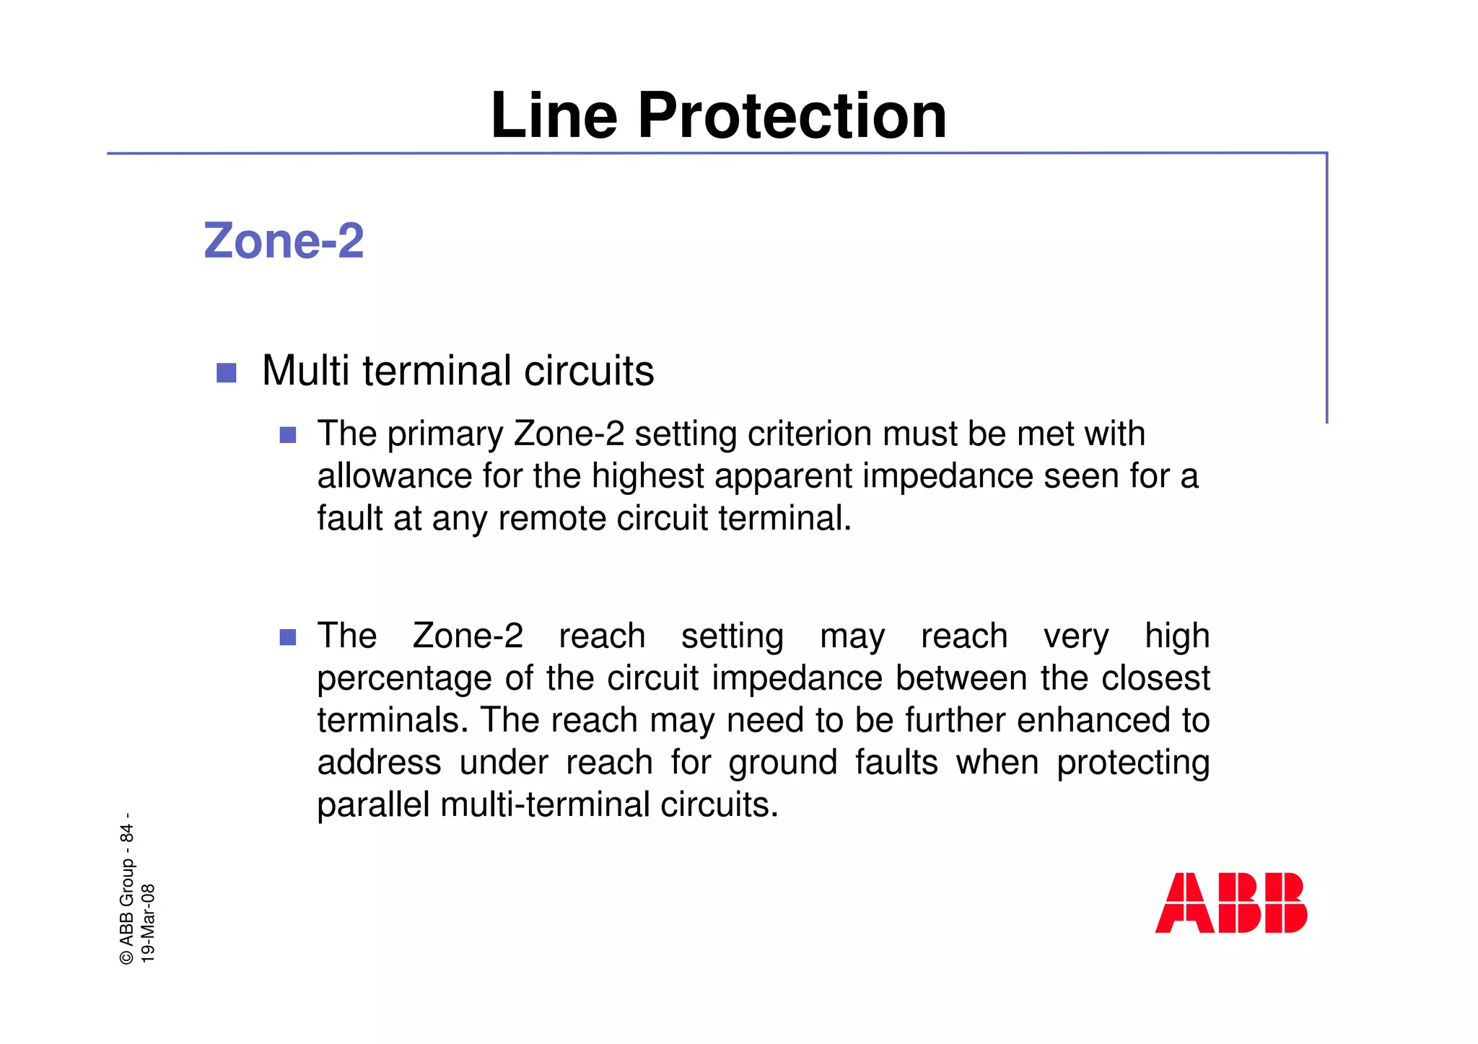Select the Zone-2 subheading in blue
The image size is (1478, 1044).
pyautogui.click(x=284, y=240)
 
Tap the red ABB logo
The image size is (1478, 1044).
pyautogui.click(x=1230, y=903)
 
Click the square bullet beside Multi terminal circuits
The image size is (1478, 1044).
pyautogui.click(x=227, y=372)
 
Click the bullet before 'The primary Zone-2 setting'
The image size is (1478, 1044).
pyautogui.click(x=288, y=435)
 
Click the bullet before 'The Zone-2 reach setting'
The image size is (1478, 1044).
pyautogui.click(x=288, y=637)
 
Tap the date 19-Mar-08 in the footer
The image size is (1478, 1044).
pyautogui.click(x=148, y=923)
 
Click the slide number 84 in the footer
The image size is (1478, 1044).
pyautogui.click(x=127, y=833)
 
